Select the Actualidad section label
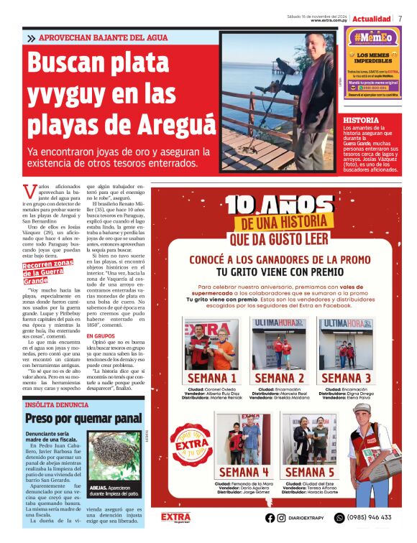(x=372, y=18)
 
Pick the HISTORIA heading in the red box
(x=362, y=120)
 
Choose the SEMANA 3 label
(x=346, y=379)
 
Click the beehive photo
(x=115, y=455)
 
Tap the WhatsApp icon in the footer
(x=339, y=517)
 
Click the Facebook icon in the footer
(x=270, y=517)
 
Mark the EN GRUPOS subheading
(x=100, y=335)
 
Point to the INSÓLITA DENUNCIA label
(x=58, y=405)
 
